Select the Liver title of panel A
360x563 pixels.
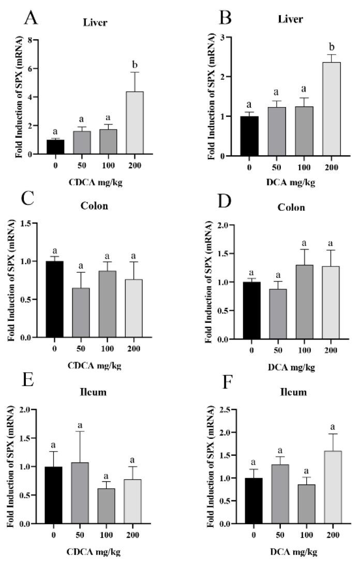point(95,22)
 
